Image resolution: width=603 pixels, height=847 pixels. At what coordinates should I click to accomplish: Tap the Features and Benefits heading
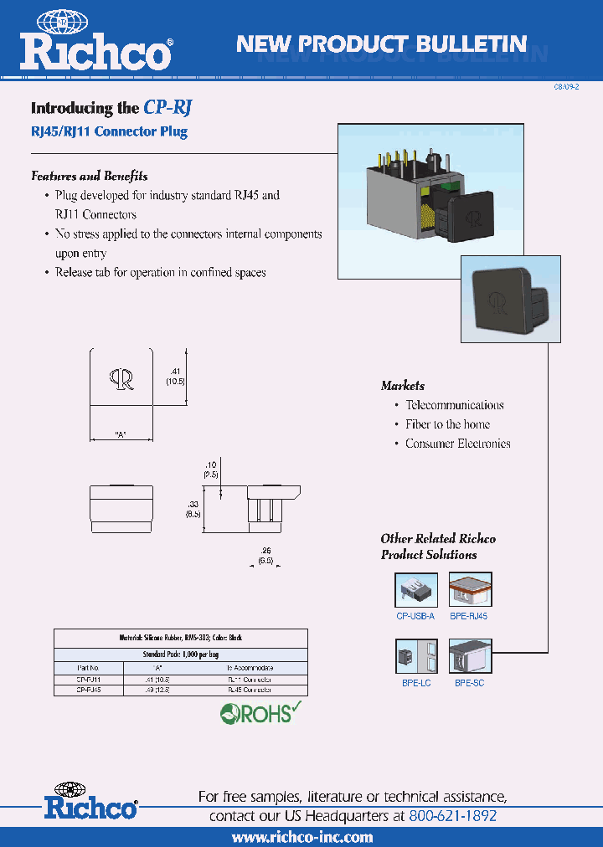click(x=89, y=176)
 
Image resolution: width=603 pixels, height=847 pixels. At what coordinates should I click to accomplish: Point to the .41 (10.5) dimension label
click(x=175, y=375)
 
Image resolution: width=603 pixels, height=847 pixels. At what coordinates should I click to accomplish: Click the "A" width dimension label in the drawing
click(x=121, y=434)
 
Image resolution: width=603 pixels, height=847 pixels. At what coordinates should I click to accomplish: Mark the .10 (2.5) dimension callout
click(x=212, y=469)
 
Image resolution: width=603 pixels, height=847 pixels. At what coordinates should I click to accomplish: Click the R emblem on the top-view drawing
click(x=121, y=379)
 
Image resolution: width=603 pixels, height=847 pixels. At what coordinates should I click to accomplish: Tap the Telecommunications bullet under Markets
click(x=454, y=405)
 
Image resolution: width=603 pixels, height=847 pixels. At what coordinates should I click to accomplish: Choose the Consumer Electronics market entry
click(x=457, y=444)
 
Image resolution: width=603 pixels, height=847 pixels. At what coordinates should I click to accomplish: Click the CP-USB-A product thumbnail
click(x=415, y=589)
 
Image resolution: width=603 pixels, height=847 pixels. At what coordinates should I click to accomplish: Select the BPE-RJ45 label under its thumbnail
click(x=469, y=616)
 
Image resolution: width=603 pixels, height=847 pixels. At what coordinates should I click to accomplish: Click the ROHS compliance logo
click(x=260, y=713)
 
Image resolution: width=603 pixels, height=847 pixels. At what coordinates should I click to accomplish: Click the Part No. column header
click(x=88, y=668)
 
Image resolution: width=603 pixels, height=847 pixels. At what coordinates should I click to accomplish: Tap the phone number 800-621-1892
click(x=453, y=815)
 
